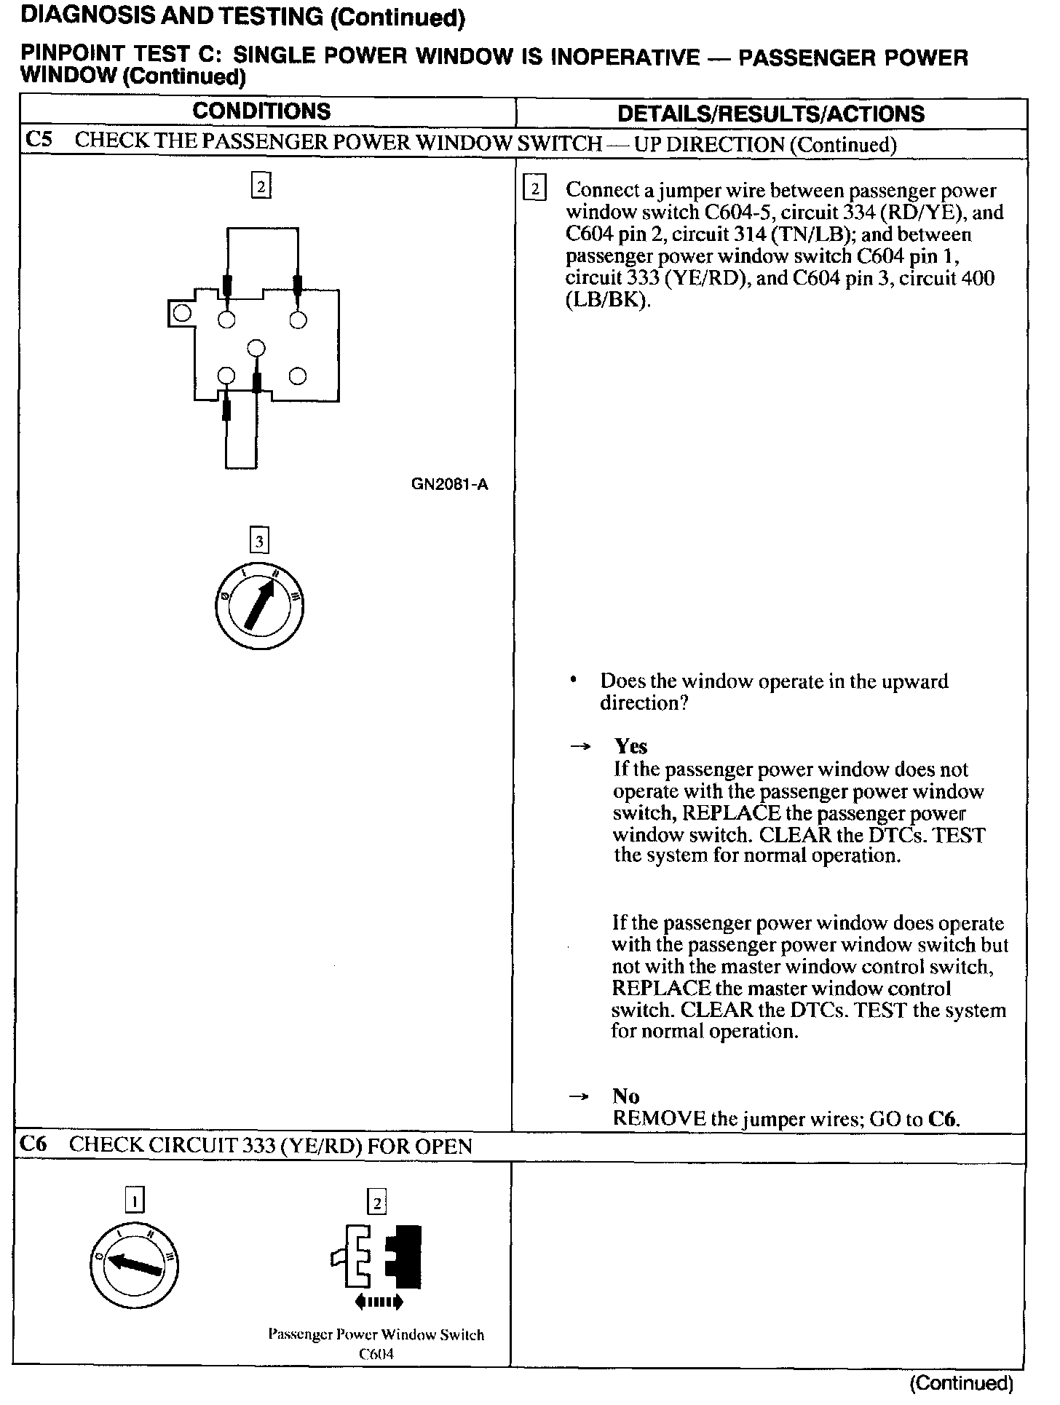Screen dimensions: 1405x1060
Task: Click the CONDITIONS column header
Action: (x=261, y=111)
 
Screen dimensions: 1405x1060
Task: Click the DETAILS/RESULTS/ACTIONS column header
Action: (x=770, y=114)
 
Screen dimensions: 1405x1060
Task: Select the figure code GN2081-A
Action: (x=449, y=484)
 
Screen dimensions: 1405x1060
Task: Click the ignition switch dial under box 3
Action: (x=259, y=606)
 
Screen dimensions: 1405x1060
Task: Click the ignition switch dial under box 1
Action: (x=135, y=1266)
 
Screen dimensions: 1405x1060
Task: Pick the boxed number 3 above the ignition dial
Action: (x=259, y=541)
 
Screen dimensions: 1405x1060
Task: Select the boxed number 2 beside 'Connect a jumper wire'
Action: (x=534, y=189)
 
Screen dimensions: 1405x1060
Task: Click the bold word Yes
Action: (x=630, y=746)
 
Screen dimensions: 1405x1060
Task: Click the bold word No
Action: (x=625, y=1096)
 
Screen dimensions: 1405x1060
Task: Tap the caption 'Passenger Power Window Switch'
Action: (x=376, y=1334)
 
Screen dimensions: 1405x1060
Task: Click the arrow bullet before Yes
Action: (x=580, y=747)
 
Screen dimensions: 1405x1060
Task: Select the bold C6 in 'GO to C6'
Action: (x=944, y=1118)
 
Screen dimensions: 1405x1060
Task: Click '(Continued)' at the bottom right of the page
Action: (x=961, y=1382)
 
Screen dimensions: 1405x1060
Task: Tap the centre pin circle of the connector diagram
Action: (x=255, y=348)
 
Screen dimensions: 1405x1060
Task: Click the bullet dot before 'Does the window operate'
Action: (x=574, y=681)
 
